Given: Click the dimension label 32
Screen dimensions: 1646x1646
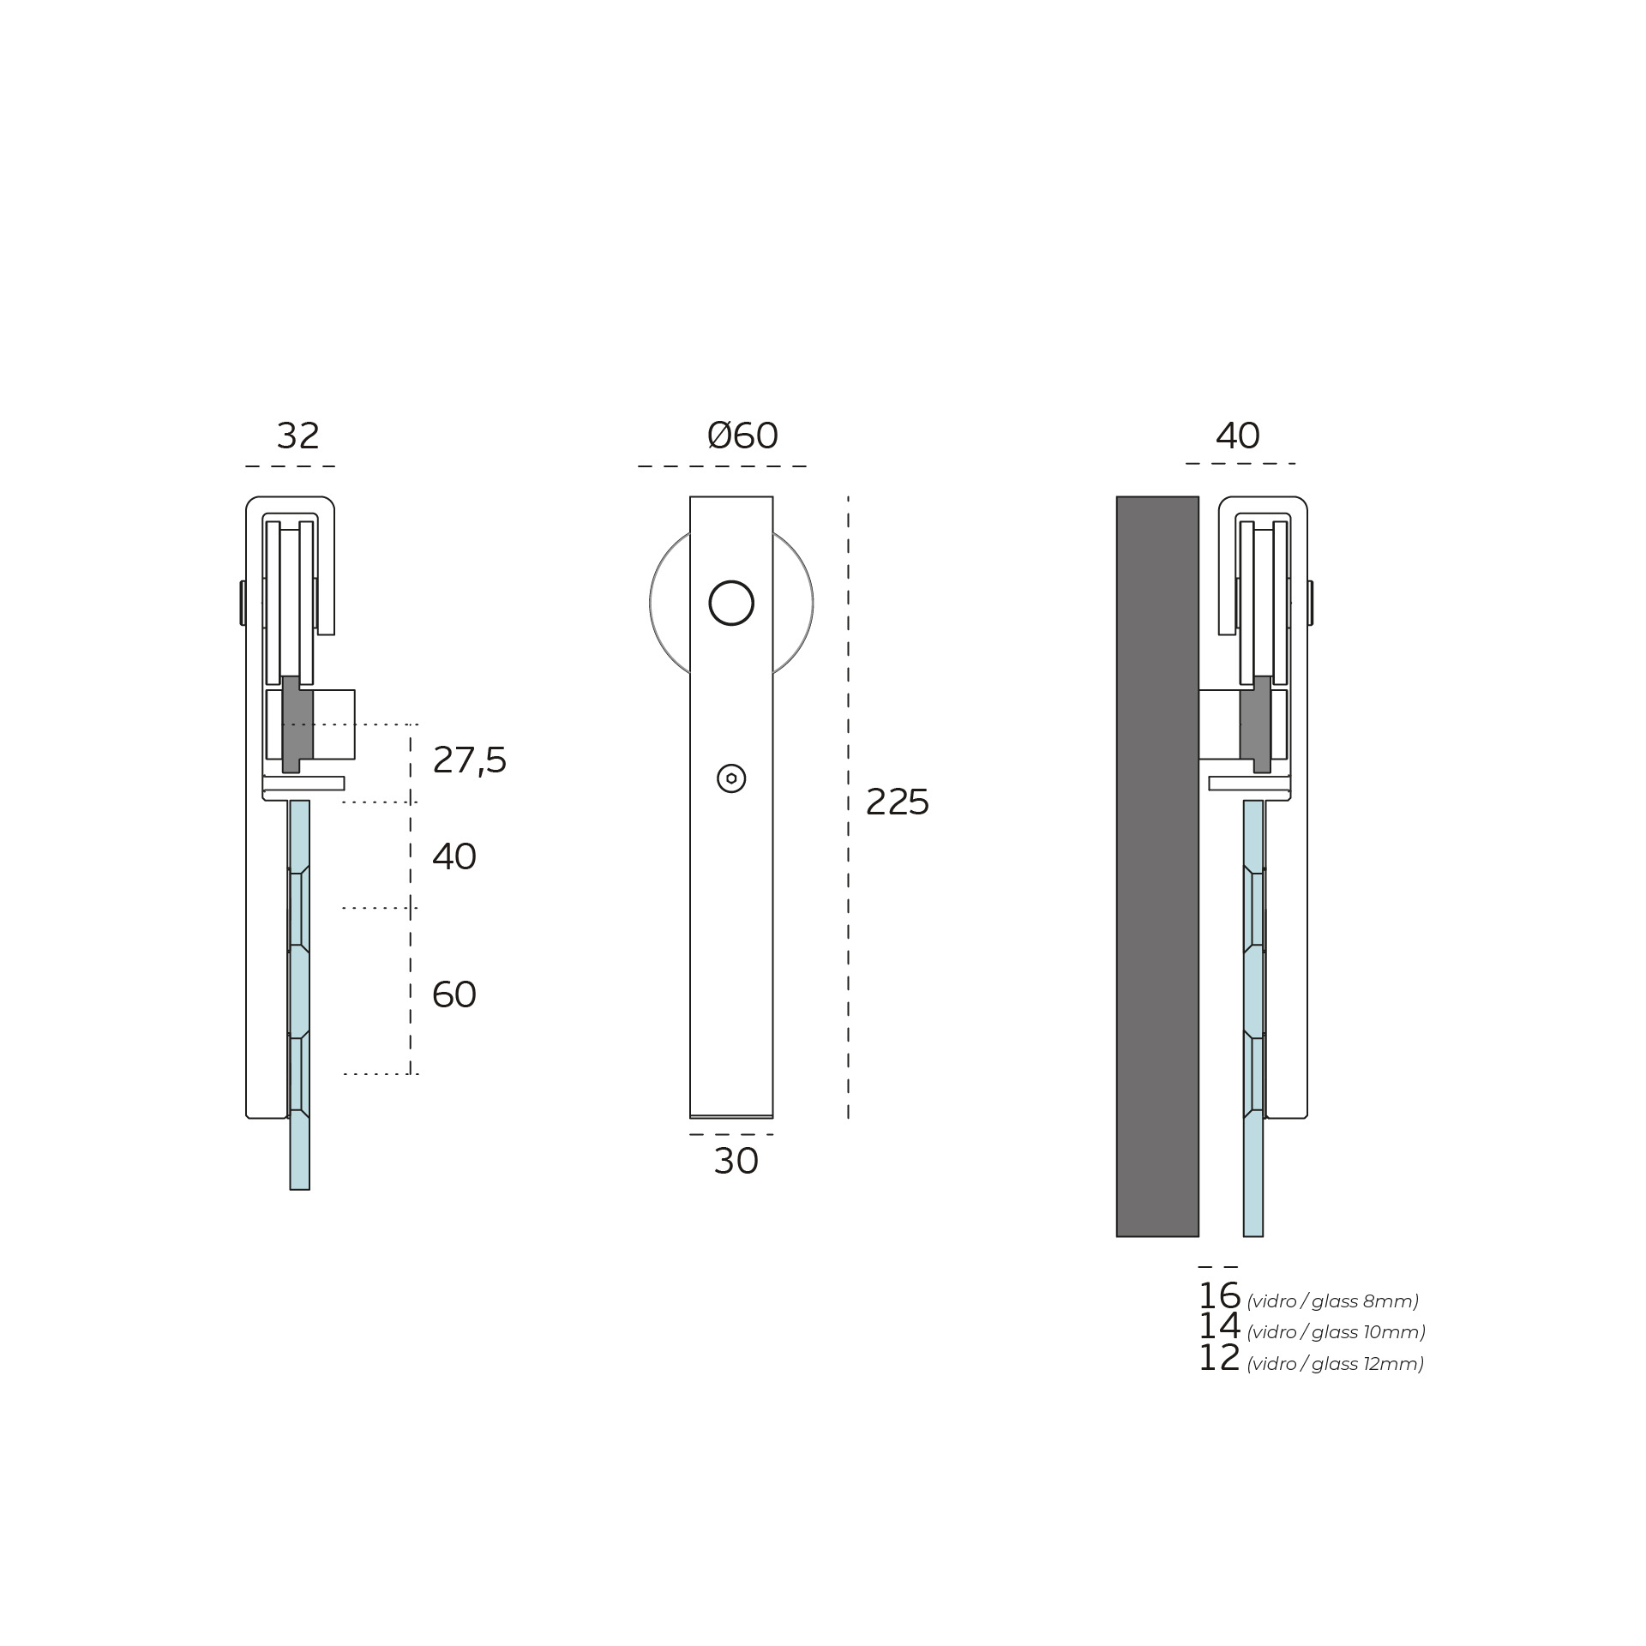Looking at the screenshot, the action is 297,436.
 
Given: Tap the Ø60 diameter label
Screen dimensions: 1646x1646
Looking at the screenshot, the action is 742,436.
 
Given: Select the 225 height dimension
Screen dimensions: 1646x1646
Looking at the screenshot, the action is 898,802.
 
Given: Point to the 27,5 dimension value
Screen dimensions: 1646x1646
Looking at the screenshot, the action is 469,760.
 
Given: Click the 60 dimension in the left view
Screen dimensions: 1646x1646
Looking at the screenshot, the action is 454,994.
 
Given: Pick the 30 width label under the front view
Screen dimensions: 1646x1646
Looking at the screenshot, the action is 736,1162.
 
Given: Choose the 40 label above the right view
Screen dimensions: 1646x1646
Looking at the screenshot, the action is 1238,436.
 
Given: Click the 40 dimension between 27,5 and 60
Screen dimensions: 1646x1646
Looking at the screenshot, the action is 454,856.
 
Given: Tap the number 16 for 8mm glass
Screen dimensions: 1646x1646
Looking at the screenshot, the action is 1219,1295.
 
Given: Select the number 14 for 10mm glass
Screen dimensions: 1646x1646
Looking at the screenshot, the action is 1219,1326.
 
